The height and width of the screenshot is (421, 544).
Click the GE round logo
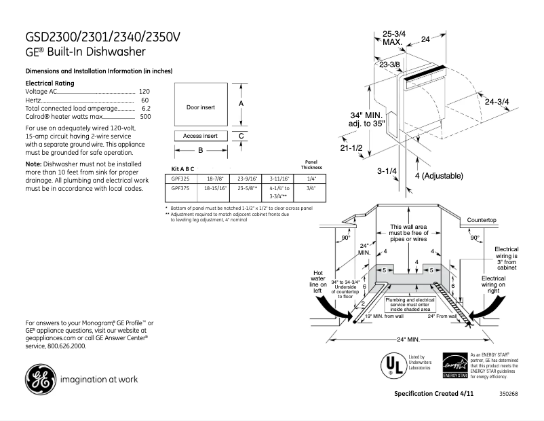tap(40, 380)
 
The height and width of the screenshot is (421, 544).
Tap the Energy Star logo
tap(453, 365)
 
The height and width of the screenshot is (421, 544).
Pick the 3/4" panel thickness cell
tap(313, 188)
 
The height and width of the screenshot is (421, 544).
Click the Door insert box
tap(200, 107)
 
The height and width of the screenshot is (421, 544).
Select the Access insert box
tap(200, 136)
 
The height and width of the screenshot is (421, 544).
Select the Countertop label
tap(482, 221)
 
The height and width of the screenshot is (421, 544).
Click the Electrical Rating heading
tap(50, 83)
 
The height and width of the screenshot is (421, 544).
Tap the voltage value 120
tap(144, 91)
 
